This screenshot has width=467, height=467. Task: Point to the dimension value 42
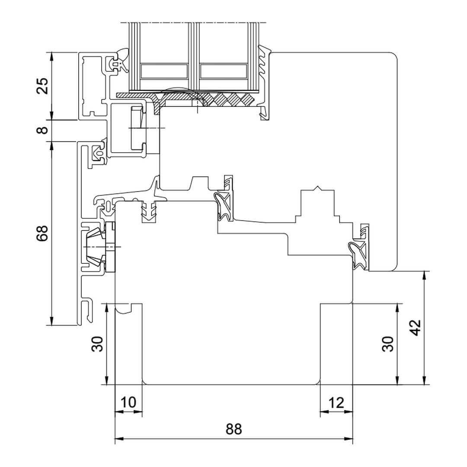[416, 328]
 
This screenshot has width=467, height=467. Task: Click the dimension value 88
[233, 429]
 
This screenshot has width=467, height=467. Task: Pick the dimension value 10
[128, 403]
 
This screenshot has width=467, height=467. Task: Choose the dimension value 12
[336, 403]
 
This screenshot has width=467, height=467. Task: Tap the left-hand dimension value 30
[97, 344]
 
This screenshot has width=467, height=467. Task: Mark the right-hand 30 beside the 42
[388, 344]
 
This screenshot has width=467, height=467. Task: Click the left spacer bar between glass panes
[164, 71]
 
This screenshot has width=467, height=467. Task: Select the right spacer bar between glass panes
[224, 71]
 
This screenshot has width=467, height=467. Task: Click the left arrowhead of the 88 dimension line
[119, 439]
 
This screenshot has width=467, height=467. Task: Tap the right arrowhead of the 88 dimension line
[349, 439]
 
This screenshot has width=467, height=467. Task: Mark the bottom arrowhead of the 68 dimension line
[52, 321]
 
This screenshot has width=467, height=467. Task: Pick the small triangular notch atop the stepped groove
[318, 188]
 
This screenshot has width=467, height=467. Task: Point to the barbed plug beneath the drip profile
[149, 211]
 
